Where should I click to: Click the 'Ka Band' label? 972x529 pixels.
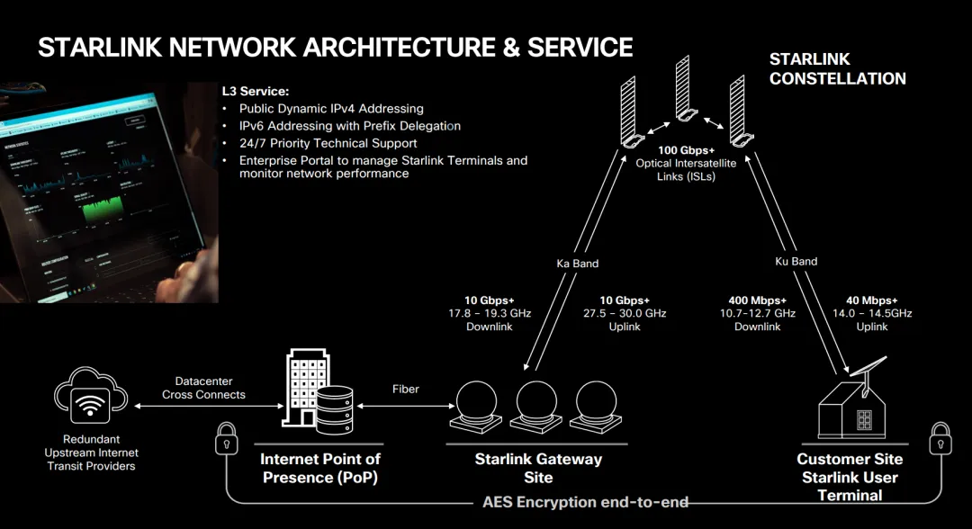click(x=577, y=264)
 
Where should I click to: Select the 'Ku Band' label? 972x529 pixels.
click(x=796, y=262)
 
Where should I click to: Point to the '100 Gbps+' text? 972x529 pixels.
click(x=688, y=150)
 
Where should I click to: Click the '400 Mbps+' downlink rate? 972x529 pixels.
click(x=757, y=300)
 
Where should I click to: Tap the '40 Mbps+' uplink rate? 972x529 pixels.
click(x=872, y=300)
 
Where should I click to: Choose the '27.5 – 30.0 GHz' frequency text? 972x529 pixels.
click(x=625, y=313)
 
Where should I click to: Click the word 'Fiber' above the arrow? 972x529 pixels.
click(x=406, y=389)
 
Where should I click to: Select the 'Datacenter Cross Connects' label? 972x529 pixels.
click(x=203, y=388)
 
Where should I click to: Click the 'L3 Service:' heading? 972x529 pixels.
click(x=256, y=92)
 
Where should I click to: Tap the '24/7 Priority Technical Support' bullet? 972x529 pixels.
click(x=328, y=143)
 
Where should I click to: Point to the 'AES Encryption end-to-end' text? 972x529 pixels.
click(x=586, y=501)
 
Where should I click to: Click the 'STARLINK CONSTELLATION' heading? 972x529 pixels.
click(x=836, y=68)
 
